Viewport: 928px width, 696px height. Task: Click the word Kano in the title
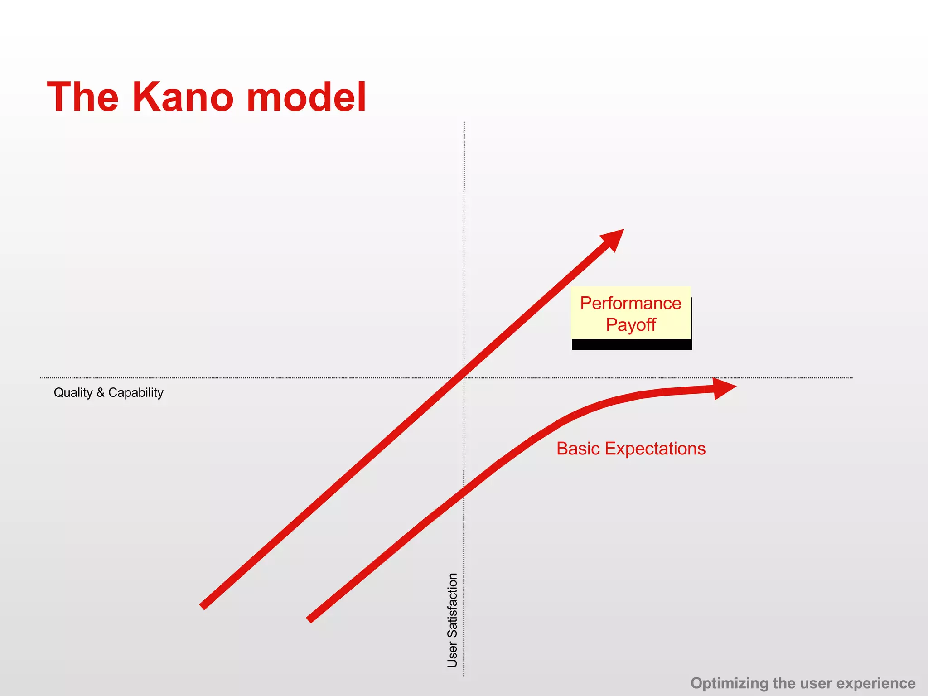click(185, 97)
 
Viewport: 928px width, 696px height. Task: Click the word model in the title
click(306, 97)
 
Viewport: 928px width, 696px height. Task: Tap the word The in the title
click(83, 97)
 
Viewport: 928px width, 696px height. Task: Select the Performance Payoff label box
click(630, 314)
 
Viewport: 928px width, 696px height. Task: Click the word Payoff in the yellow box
click(631, 325)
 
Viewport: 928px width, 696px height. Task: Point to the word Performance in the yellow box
click(630, 303)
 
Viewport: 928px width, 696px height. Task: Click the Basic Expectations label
click(631, 449)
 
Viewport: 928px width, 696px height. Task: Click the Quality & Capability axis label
click(108, 392)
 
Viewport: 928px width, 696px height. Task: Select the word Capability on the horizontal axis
click(135, 392)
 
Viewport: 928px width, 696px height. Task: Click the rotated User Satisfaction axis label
click(452, 620)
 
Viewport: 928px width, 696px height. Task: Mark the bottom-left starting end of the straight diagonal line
click(203, 606)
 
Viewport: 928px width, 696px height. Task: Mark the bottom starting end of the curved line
click(309, 620)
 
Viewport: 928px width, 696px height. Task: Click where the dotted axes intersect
click(464, 378)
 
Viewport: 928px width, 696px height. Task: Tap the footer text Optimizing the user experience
click(802, 683)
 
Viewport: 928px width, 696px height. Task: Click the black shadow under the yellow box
click(632, 345)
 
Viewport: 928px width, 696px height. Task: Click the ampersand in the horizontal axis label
click(100, 392)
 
